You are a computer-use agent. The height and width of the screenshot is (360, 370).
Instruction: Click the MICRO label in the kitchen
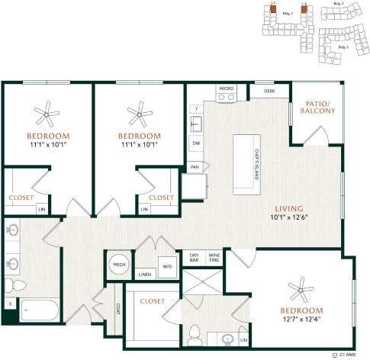point(226,89)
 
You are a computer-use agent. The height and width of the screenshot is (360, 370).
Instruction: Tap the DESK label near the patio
point(269,91)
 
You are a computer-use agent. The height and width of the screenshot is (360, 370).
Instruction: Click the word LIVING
point(290,208)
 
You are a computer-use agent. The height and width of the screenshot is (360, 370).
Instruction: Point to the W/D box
point(167,266)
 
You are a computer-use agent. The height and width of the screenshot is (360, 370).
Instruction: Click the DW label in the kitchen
point(196,143)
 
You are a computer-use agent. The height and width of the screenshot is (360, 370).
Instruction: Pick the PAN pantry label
point(195,166)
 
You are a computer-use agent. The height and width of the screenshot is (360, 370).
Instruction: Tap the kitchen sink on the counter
point(195,122)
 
